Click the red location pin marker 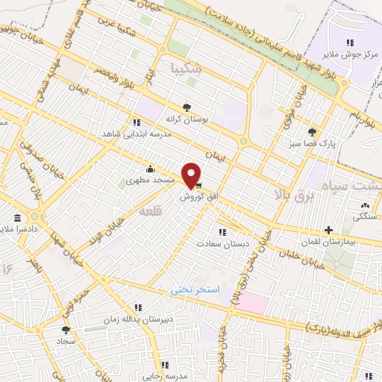(192, 175)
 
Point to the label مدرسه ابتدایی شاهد (137, 134)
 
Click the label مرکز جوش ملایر (347, 54)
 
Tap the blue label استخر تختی (191, 287)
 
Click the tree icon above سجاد (66, 328)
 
